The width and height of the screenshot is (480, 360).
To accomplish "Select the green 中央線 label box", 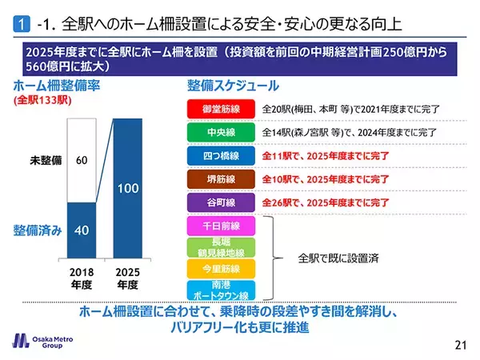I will coord(219,132).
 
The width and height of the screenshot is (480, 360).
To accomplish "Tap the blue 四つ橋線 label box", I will coord(219,155).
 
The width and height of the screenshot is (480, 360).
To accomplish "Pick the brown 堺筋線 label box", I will coord(219,179).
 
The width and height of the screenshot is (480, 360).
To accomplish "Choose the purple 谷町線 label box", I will coord(219,202).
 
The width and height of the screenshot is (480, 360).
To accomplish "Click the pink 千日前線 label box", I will coord(219,226).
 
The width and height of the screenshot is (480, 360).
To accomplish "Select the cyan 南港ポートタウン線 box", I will coord(219,290).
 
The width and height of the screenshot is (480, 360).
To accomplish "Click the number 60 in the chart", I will coord(81,161).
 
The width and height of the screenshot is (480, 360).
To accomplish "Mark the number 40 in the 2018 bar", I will coord(81,229).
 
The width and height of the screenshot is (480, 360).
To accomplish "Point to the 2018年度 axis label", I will coord(81,277).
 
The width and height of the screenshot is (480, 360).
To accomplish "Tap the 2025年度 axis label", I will coord(127,277).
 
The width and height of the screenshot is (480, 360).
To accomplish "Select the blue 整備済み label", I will coord(37,230).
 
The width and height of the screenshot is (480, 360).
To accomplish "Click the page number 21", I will coord(458,345).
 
